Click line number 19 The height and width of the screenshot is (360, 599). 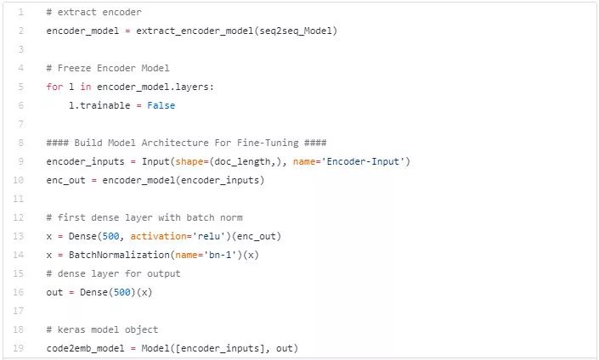(x=20, y=348)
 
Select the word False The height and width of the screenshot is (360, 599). (x=161, y=105)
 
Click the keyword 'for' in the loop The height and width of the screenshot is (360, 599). (x=54, y=87)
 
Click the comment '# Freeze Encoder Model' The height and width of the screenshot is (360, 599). (x=108, y=68)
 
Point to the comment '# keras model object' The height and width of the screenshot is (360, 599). (x=102, y=329)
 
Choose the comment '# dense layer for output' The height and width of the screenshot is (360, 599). (x=113, y=273)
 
